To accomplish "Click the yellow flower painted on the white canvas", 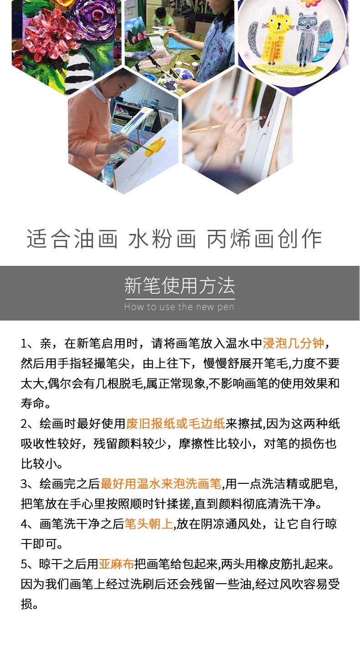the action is (x=156, y=147).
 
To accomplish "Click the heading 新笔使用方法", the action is (x=180, y=285).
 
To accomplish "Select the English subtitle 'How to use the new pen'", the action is (x=179, y=307).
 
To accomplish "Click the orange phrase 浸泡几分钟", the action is (x=293, y=343).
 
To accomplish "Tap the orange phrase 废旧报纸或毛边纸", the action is (x=175, y=424).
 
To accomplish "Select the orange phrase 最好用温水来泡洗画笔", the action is (x=161, y=484).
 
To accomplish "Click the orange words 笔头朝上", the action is (x=149, y=524).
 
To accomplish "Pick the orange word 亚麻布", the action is (x=116, y=564).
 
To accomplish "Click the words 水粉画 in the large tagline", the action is (x=162, y=239).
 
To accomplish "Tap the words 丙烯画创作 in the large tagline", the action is (x=264, y=239).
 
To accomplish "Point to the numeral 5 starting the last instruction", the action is (x=24, y=565).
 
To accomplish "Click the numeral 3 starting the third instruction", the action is (x=24, y=484).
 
